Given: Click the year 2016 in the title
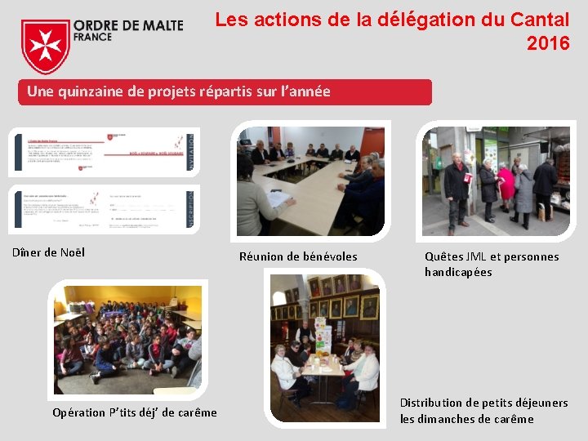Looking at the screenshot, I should click(x=548, y=43).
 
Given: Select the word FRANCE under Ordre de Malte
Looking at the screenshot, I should click(x=92, y=38).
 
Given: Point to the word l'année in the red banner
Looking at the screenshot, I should click(x=305, y=91).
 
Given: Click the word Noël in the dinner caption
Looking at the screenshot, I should click(x=72, y=252).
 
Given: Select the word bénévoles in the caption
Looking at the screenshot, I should click(x=330, y=256).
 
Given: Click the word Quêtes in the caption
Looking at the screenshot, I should click(x=444, y=256).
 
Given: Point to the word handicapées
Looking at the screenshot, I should click(x=458, y=272).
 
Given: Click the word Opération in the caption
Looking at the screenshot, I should click(x=79, y=412).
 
